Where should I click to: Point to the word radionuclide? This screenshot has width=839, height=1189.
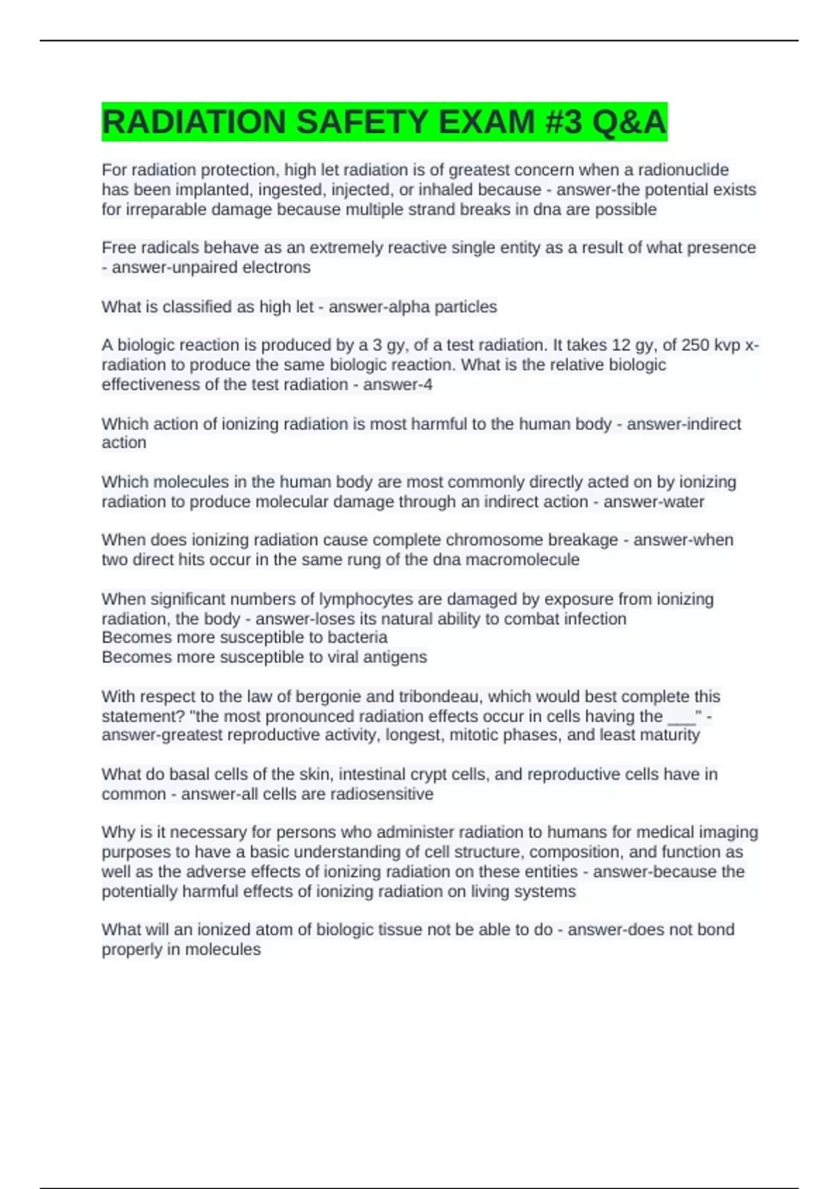pos(682,170)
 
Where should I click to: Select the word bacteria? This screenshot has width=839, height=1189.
pos(354,637)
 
